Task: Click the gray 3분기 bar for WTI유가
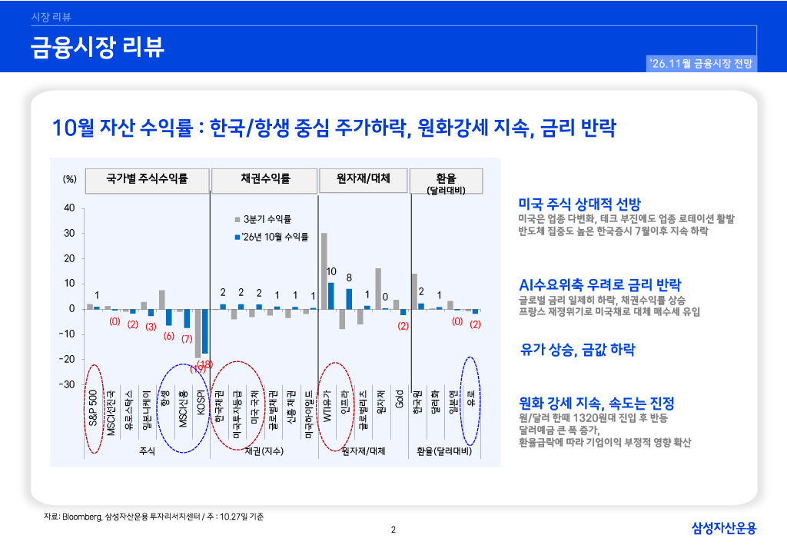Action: (x=324, y=271)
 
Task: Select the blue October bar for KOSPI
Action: (x=204, y=331)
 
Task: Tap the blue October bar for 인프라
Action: (x=349, y=299)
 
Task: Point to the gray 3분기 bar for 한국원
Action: (x=414, y=291)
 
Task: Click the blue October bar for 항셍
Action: (x=169, y=317)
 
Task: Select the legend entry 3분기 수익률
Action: (x=263, y=219)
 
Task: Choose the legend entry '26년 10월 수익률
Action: (x=271, y=237)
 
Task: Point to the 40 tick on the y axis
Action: (x=69, y=208)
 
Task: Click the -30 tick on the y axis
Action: (x=67, y=384)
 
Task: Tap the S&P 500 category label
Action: (x=93, y=407)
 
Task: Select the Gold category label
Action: (x=400, y=399)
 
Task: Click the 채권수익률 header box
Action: (x=264, y=181)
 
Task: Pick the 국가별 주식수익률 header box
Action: (x=147, y=181)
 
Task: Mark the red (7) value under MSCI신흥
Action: (x=187, y=339)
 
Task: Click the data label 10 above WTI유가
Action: (x=331, y=271)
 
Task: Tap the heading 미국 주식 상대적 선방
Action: (x=579, y=204)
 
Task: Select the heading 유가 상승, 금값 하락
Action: (x=578, y=349)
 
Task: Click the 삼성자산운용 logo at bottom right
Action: (x=724, y=527)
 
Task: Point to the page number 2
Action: (x=393, y=530)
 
